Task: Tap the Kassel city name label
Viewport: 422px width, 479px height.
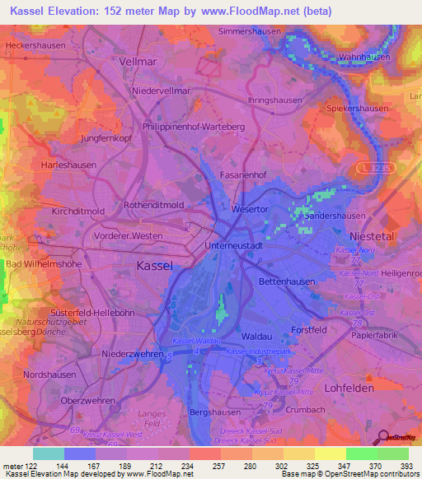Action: [x=152, y=266]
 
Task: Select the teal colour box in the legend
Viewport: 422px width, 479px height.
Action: [x=49, y=453]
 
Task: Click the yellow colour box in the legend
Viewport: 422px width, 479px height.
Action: [x=330, y=453]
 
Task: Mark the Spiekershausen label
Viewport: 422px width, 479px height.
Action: [x=358, y=109]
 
